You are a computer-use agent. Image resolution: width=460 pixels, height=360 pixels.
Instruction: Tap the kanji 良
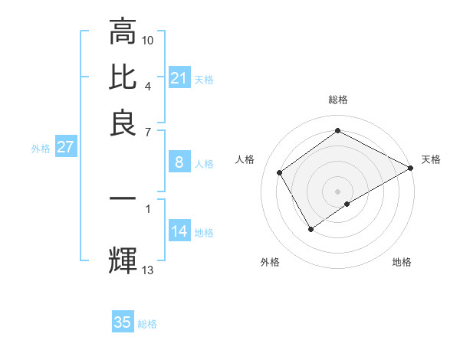coord(123,123)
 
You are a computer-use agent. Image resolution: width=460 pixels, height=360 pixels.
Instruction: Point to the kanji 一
coord(123,198)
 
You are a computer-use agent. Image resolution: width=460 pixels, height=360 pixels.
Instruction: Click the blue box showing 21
coord(179,78)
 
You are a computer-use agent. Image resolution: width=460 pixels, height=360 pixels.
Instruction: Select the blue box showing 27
coord(65,147)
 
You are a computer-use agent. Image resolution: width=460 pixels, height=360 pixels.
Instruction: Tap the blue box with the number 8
coord(179,162)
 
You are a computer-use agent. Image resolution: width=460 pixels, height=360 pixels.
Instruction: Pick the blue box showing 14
coord(179,232)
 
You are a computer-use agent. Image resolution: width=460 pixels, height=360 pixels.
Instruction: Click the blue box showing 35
coord(123,322)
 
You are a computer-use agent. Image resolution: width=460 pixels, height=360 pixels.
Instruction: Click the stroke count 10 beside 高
coord(148,39)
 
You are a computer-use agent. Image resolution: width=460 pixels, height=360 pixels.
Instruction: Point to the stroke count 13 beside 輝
coord(148,269)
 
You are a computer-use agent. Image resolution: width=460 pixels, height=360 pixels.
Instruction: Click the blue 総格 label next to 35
coord(147,324)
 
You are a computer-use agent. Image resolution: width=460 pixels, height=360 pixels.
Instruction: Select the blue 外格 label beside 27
coord(41,149)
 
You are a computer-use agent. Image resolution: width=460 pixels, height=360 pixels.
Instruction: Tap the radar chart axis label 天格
coord(431,159)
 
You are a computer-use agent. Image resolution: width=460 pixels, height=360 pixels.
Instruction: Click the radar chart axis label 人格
coord(245,159)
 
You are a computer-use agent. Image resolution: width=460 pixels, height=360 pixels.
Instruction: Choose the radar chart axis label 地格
coord(402,263)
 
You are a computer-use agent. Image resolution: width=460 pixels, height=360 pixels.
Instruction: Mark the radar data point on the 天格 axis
coord(411,168)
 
